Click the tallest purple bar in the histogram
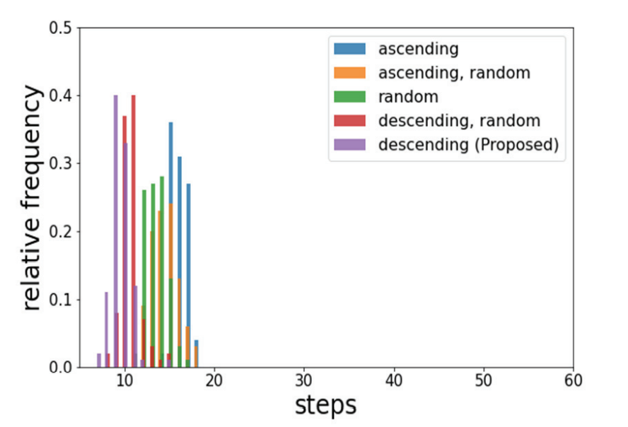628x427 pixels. pos(115,233)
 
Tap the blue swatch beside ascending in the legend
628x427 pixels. pos(350,49)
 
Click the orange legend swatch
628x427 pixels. pos(350,73)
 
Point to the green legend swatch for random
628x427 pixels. pos(350,97)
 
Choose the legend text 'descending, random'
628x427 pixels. pos(459,121)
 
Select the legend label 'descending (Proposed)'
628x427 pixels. pos(469,145)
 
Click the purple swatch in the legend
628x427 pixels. pos(350,145)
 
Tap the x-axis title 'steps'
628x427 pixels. pos(326,406)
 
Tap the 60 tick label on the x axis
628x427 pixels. pos(573,380)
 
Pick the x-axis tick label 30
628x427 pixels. pos(304,380)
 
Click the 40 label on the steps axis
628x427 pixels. pos(394,380)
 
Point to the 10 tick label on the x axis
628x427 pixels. pos(124,380)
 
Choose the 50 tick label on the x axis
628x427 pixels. pos(484,380)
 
